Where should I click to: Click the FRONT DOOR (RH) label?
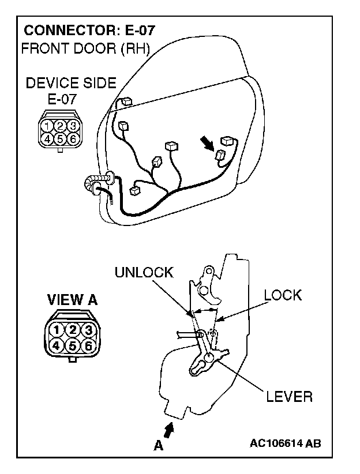click(x=85, y=48)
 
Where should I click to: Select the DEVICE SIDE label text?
click(x=71, y=84)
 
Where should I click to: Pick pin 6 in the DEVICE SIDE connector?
click(x=72, y=138)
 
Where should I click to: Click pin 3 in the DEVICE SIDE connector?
click(x=72, y=125)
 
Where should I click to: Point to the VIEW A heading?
click(x=72, y=300)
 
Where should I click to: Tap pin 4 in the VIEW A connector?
click(x=57, y=345)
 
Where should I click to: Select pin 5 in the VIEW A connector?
click(x=72, y=345)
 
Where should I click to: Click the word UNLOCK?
click(x=144, y=273)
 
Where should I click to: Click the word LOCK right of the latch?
click(x=283, y=295)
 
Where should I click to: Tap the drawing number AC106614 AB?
click(x=286, y=443)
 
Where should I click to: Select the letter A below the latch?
click(x=157, y=445)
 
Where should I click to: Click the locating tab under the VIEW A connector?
click(x=72, y=360)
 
